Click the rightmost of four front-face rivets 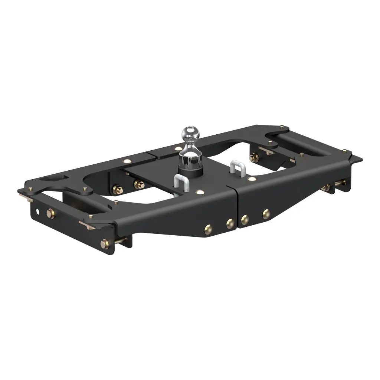click(x=266, y=214)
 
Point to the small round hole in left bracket click(x=38, y=213)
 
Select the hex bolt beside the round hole click(x=50, y=214)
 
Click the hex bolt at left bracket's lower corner click(x=105, y=243)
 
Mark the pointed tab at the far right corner click(x=358, y=160)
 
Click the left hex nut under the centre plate click(x=119, y=190)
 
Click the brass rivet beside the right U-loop click(x=252, y=179)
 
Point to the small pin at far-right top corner click(x=344, y=151)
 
